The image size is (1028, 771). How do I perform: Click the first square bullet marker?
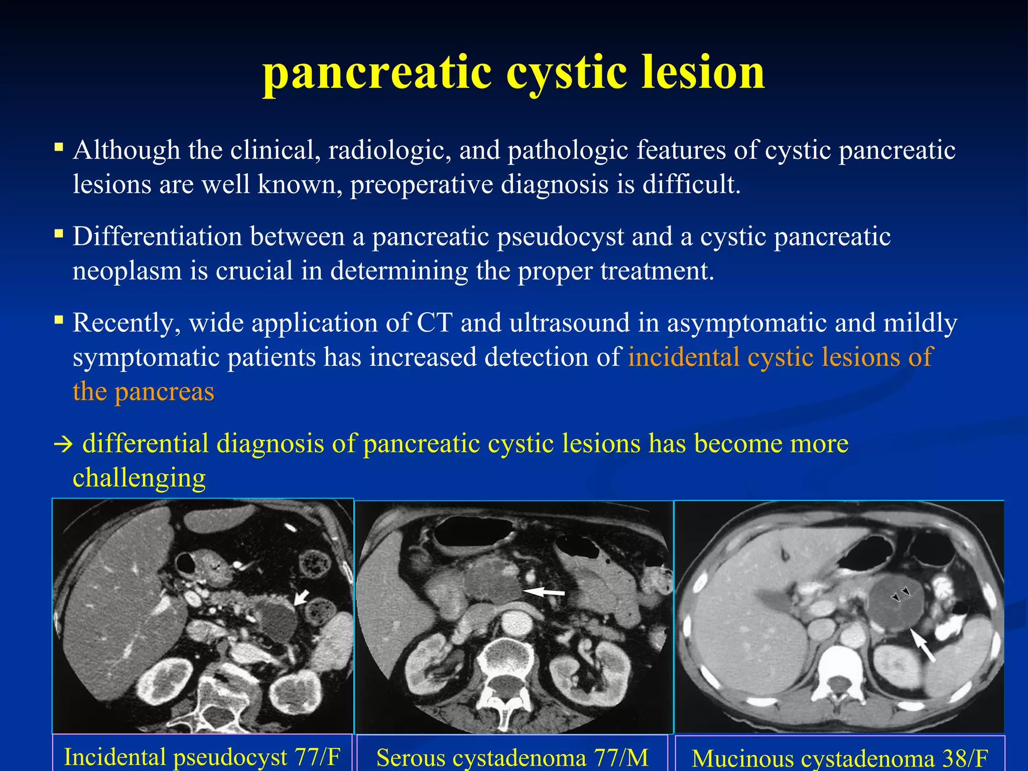(59, 147)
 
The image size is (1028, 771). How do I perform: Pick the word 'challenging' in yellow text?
(139, 478)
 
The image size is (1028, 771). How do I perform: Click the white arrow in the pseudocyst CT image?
(301, 597)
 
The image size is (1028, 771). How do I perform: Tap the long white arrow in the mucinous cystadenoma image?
(923, 646)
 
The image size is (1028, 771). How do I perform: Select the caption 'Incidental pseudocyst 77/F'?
(202, 757)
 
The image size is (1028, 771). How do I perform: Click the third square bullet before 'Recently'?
(59, 320)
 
